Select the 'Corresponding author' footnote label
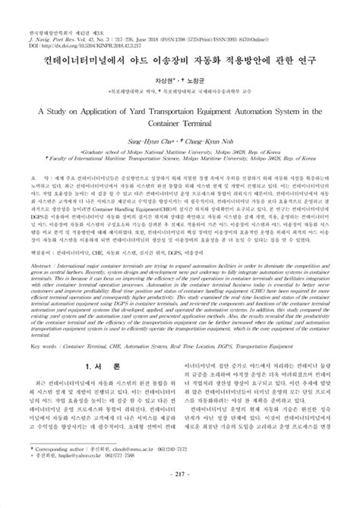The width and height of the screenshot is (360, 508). coord(58,470)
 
